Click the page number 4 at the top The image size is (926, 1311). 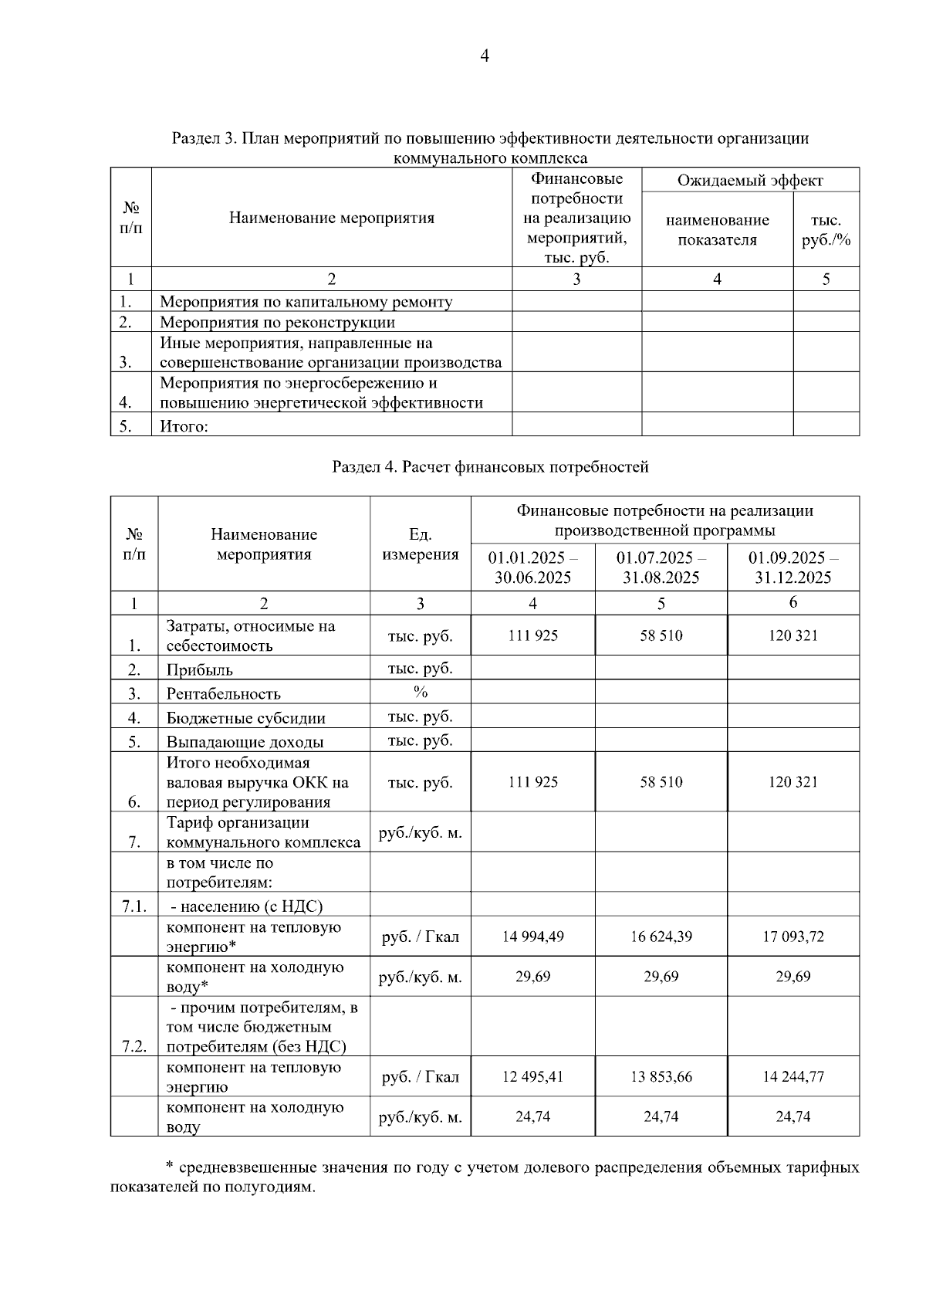pyautogui.click(x=484, y=56)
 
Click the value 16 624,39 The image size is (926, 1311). pyautogui.click(x=661, y=937)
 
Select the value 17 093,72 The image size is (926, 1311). pyautogui.click(x=793, y=937)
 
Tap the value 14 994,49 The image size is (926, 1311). pyautogui.click(x=532, y=937)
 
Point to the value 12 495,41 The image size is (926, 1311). pyautogui.click(x=532, y=1076)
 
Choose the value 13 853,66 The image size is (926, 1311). pyautogui.click(x=661, y=1076)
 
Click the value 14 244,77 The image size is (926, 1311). pyautogui.click(x=793, y=1076)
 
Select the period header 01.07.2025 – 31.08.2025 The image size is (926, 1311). pyautogui.click(x=661, y=567)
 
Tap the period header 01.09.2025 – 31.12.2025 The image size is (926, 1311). pyautogui.click(x=793, y=567)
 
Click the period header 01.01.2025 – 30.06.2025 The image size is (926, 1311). pyautogui.click(x=532, y=567)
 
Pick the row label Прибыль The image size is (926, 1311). pyautogui.click(x=199, y=670)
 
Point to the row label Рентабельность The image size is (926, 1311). pyautogui.click(x=223, y=694)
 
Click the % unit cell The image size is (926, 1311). pyautogui.click(x=420, y=692)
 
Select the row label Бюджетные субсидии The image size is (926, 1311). pyautogui.click(x=245, y=718)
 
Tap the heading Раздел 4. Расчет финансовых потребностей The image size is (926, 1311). pyautogui.click(x=490, y=466)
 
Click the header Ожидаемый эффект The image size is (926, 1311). pyautogui.click(x=749, y=181)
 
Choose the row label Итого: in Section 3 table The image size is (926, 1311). pyautogui.click(x=184, y=426)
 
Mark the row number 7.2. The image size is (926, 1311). pyautogui.click(x=133, y=1046)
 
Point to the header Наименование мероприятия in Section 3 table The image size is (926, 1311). pyautogui.click(x=331, y=218)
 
